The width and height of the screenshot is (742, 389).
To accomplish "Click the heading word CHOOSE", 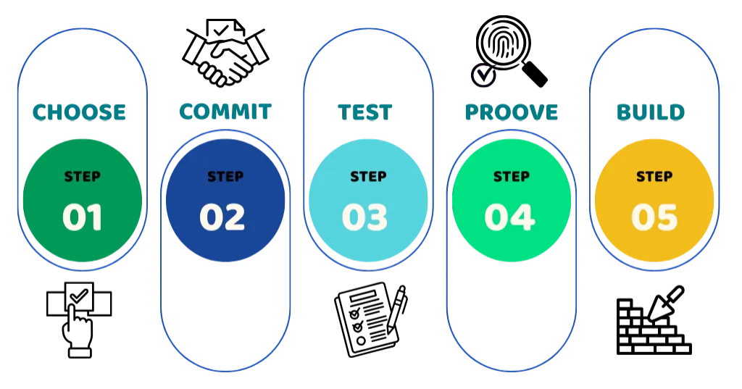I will coord(80,112).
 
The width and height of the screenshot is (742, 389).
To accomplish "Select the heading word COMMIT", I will coord(225,112).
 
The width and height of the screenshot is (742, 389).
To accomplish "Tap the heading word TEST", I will coord(367,112).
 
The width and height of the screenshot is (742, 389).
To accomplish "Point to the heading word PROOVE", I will coord(512,112).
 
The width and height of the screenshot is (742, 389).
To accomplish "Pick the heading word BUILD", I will coord(651,112).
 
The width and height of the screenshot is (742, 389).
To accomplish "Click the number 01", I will coord(82,217).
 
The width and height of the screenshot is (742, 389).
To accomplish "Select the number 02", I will coord(222,217).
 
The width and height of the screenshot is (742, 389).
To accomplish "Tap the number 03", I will coord(364,217).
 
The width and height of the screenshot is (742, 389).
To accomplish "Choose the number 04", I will coord(509,217).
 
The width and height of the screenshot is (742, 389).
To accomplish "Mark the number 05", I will coord(654,217).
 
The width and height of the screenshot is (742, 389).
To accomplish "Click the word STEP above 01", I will coord(83,176).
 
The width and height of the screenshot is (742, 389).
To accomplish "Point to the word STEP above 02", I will coord(225,176).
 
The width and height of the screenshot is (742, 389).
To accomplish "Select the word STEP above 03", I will coord(368,176).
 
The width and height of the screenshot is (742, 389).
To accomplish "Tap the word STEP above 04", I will coord(512,176).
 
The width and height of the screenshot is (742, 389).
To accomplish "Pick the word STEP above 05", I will coord(654,176).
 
